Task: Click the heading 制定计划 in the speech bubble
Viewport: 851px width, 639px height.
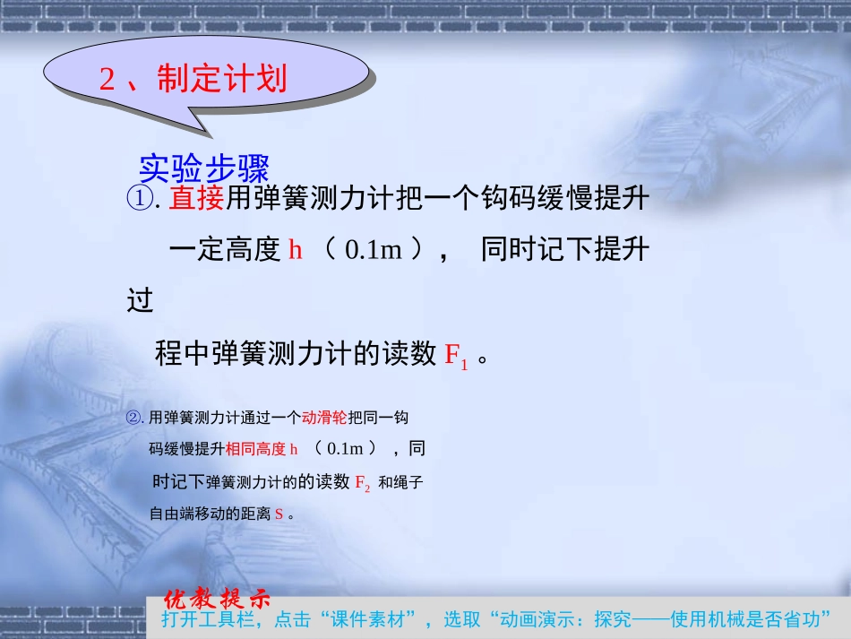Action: click(x=222, y=79)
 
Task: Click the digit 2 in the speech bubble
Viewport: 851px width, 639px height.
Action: click(x=107, y=80)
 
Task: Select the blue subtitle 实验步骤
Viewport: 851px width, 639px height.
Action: click(x=204, y=168)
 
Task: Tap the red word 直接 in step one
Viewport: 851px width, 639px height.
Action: click(x=196, y=199)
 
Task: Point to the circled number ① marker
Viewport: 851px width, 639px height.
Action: click(x=141, y=199)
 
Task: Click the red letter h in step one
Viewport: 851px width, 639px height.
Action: click(x=296, y=250)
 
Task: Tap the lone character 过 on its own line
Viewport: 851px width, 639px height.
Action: click(x=141, y=301)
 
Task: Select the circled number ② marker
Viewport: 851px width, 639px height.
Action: click(x=135, y=418)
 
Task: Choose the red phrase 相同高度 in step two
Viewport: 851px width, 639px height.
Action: click(x=255, y=449)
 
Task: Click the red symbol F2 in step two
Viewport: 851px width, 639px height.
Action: click(x=363, y=483)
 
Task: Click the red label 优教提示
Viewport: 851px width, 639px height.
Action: click(x=217, y=599)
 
